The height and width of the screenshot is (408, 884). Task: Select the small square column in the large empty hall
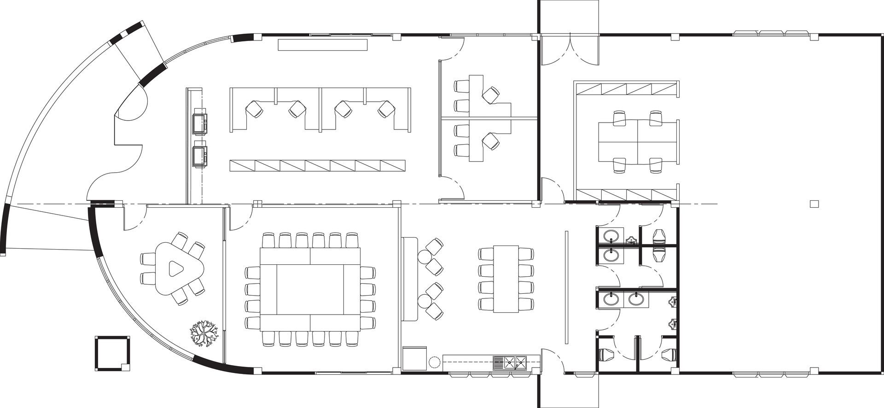[814, 203]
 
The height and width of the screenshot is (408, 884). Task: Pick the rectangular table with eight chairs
[506, 279]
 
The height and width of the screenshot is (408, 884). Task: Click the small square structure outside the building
[112, 353]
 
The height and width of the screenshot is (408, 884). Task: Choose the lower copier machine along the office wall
[199, 155]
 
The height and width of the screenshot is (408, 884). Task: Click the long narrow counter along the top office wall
[323, 45]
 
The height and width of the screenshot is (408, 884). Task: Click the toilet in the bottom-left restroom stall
[607, 355]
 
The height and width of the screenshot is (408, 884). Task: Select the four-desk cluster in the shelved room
[638, 141]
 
